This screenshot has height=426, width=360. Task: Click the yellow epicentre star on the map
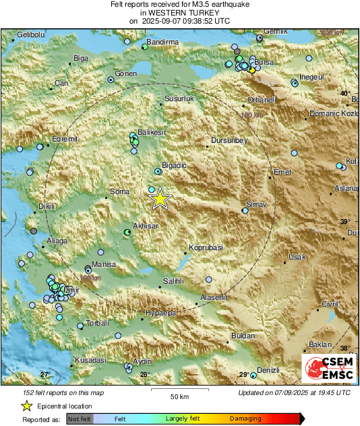point(160,199)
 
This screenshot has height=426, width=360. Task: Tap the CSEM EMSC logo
point(328,368)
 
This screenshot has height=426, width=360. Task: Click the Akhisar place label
point(146,226)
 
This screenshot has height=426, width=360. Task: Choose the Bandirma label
point(162,42)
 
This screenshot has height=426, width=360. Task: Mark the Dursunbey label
point(229,140)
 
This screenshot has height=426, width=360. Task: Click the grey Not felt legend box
point(80,419)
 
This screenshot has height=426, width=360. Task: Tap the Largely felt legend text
point(181,419)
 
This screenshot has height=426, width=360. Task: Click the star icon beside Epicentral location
point(26,406)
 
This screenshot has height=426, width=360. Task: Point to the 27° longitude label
point(45,374)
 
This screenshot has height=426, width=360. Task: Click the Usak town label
point(297,257)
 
